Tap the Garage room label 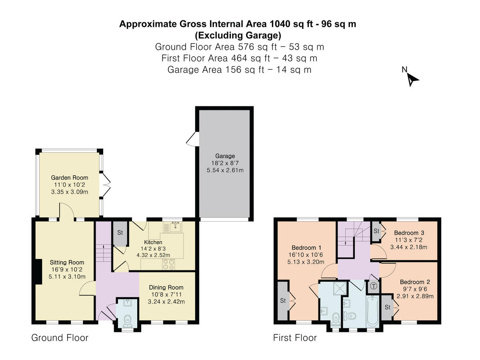coord(225,156)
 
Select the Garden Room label coord(70,178)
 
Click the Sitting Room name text coord(67,262)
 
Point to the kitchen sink coord(175,227)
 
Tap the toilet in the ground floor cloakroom coord(127,321)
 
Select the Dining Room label coord(166,287)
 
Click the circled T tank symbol coord(374,286)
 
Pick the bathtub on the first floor coord(373,311)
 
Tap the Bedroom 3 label coord(409,232)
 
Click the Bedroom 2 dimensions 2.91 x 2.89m coord(415,296)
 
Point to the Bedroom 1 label coord(306,248)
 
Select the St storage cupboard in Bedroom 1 coord(283,301)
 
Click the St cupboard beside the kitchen coord(120,234)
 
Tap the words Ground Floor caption coord(60,338)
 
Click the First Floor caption coord(295,338)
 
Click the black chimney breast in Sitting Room coord(38,272)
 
